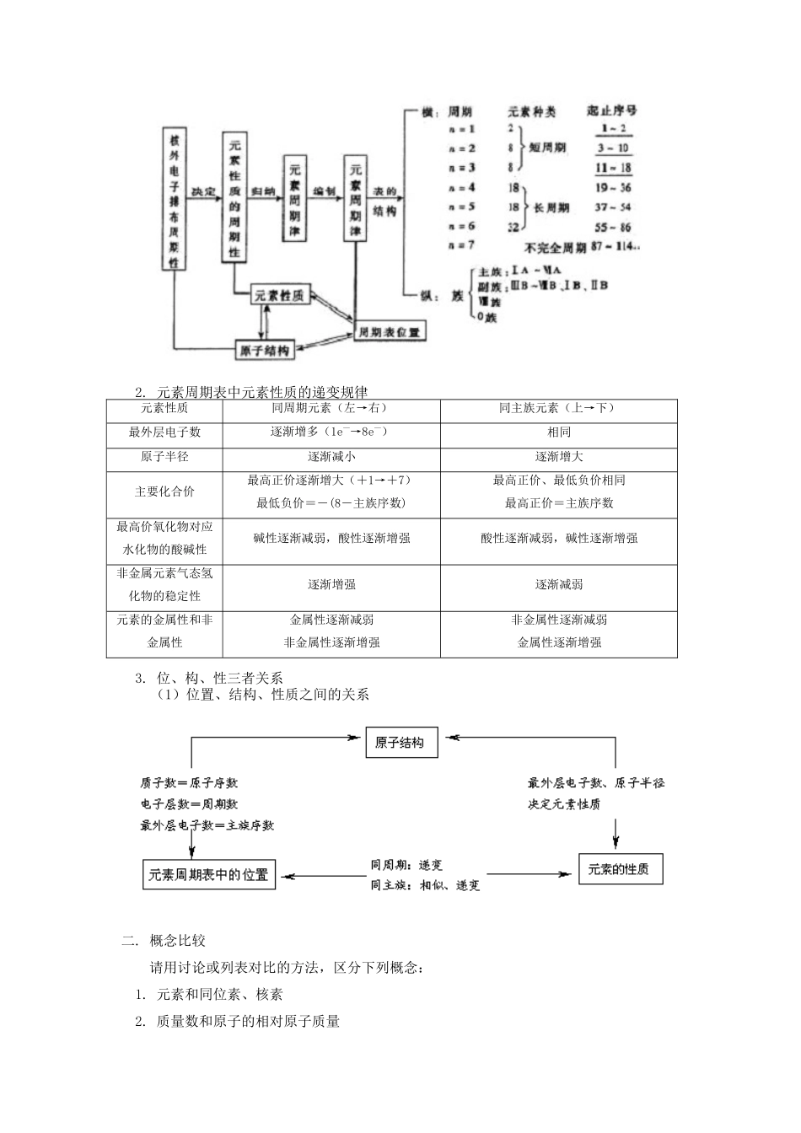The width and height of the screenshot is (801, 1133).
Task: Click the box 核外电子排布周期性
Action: tap(175, 199)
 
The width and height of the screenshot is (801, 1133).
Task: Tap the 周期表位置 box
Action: tap(389, 332)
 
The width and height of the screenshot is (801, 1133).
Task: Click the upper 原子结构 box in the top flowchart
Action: tap(265, 350)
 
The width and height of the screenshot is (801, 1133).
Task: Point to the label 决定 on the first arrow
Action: tap(203, 192)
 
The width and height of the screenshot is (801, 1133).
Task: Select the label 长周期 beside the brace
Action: tap(551, 207)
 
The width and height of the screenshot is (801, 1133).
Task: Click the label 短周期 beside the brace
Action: tap(548, 148)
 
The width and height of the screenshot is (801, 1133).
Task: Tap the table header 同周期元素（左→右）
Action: tap(331, 408)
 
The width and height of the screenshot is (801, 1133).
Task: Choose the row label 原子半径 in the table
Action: tap(164, 456)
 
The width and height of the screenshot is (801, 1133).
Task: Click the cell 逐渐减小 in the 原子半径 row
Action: tap(331, 456)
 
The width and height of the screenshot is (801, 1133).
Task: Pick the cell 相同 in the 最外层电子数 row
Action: tap(558, 432)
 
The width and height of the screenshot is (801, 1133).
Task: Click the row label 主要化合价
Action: tap(164, 491)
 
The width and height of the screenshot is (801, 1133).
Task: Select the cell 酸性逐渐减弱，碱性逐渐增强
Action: tap(558, 538)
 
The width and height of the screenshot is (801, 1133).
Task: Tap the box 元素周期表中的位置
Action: tap(208, 874)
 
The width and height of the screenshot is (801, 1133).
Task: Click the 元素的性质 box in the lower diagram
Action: tap(620, 869)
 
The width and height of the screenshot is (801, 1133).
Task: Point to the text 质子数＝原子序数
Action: tap(189, 782)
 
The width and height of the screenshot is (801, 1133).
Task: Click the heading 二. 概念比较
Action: tap(164, 940)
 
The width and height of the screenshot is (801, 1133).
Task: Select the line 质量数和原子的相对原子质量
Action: tap(248, 1021)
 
